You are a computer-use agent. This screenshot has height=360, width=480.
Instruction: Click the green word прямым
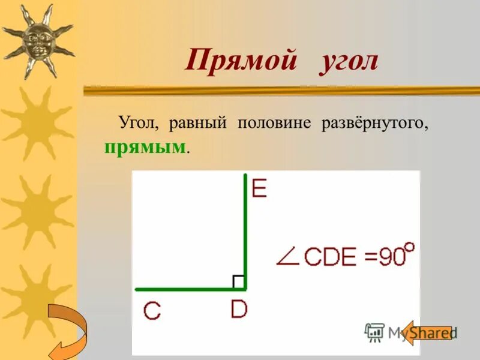click(x=143, y=147)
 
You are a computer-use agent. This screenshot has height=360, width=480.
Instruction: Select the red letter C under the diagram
click(x=152, y=311)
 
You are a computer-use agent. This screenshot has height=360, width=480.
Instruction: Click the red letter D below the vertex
click(x=239, y=310)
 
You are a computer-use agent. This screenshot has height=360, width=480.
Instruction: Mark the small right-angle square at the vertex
click(x=238, y=281)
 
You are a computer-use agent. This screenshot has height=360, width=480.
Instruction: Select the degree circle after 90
click(x=410, y=245)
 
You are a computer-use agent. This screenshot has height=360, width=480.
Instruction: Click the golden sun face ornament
click(x=37, y=40)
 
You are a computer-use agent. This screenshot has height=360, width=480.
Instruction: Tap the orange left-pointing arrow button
click(x=427, y=332)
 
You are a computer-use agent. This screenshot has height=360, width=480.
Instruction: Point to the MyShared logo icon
click(x=374, y=332)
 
